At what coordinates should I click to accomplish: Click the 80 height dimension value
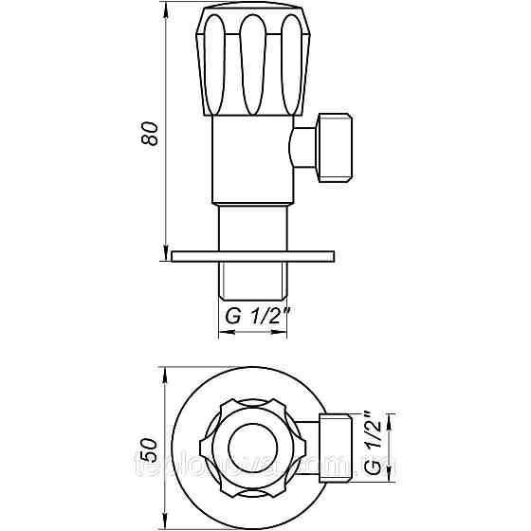pos(147,134)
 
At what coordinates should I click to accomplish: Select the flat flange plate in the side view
pos(252,255)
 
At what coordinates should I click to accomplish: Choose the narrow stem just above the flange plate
pos(252,228)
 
